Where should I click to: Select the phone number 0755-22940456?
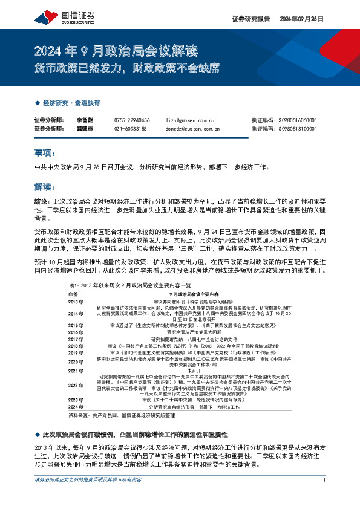point(131,120)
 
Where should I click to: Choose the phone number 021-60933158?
point(130,128)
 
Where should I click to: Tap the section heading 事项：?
point(45,154)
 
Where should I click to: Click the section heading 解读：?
point(45,187)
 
